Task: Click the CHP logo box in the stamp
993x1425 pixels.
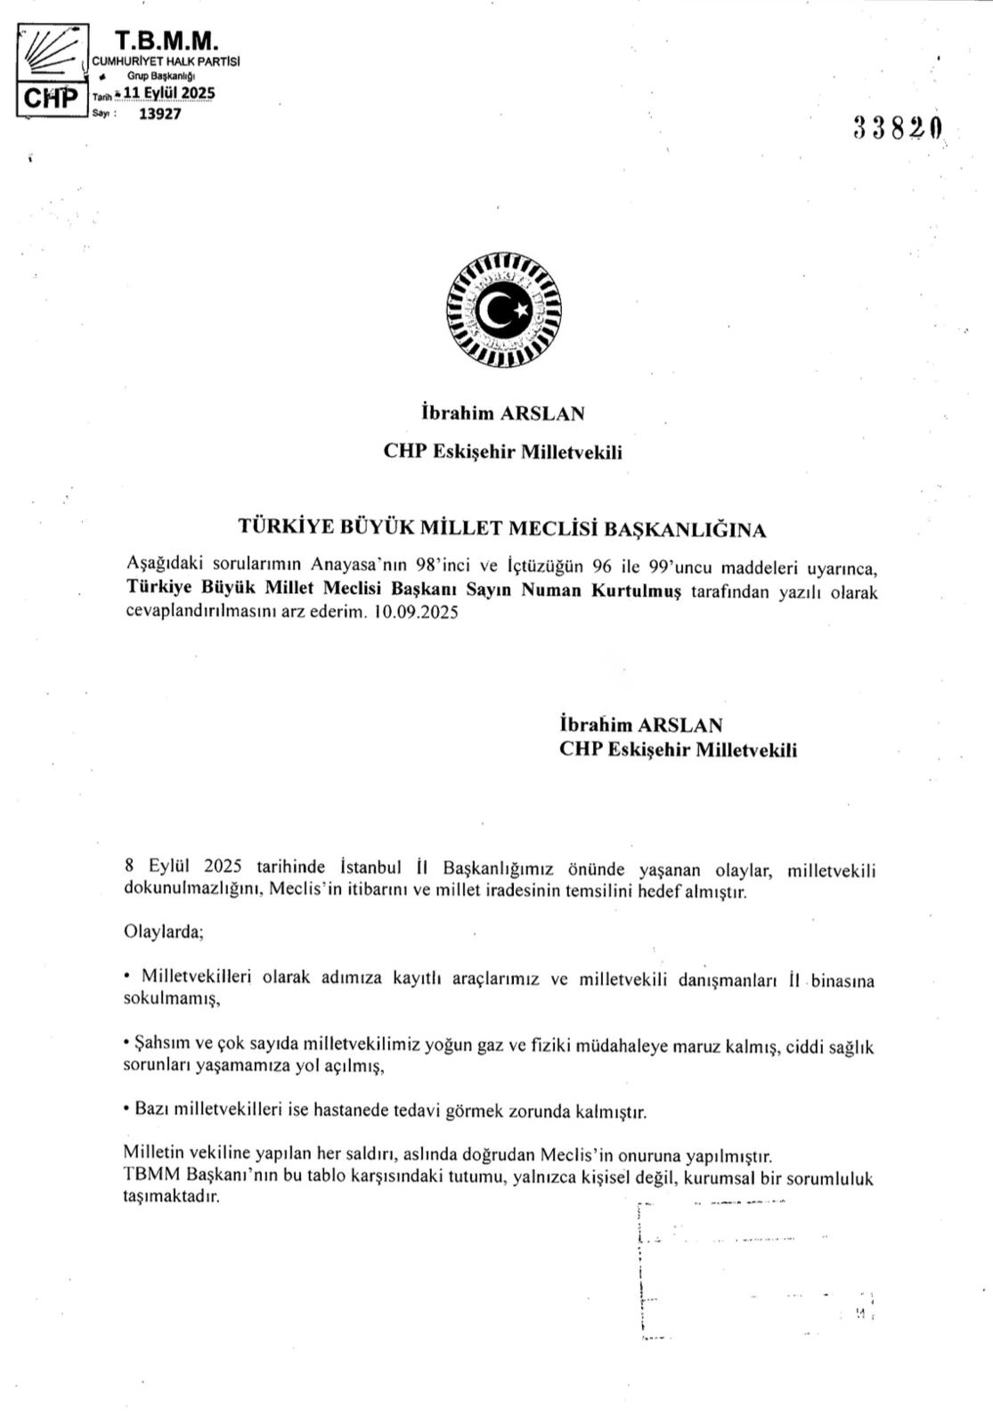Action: tap(49, 96)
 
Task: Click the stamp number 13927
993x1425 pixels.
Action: tap(159, 114)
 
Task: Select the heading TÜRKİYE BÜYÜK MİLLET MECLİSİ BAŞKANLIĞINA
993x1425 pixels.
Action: tap(502, 528)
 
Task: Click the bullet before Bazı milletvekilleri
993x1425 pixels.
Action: tap(127, 1111)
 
